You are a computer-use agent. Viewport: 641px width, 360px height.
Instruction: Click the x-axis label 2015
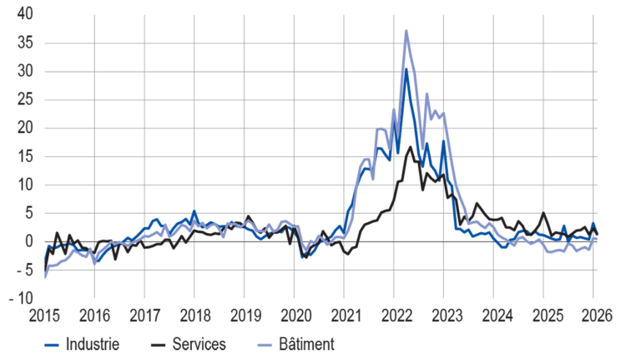(45, 316)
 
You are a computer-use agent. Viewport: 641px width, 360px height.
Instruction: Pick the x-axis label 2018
(194, 316)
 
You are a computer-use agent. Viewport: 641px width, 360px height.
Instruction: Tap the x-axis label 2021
(344, 316)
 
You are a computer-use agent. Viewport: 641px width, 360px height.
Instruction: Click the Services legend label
(201, 343)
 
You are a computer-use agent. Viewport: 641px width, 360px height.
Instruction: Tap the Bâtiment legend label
(306, 343)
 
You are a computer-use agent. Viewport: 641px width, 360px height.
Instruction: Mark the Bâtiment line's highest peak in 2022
(406, 31)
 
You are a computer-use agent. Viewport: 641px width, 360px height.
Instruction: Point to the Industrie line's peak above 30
(406, 68)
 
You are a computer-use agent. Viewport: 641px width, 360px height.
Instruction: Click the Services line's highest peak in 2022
(411, 147)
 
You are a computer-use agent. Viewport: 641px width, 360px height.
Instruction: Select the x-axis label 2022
(394, 316)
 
